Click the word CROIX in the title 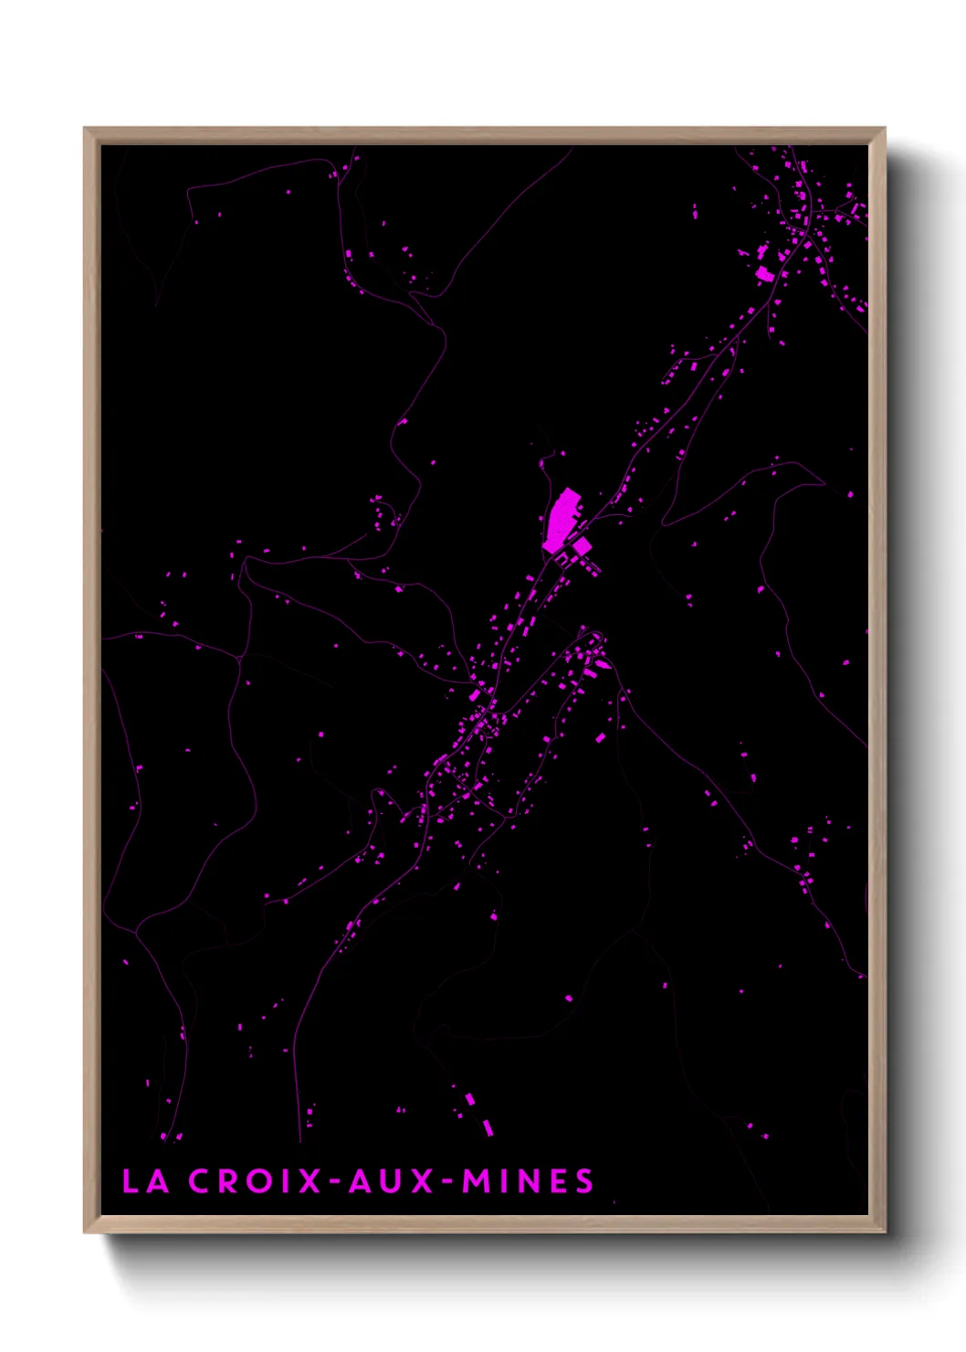tap(255, 1181)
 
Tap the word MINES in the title tap(528, 1181)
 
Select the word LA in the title tap(145, 1181)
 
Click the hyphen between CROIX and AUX tap(334, 1182)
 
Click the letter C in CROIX tap(199, 1181)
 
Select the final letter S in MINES tap(584, 1181)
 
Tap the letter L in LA tap(130, 1181)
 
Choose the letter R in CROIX tap(227, 1181)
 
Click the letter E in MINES tap(558, 1181)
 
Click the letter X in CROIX tap(311, 1181)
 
